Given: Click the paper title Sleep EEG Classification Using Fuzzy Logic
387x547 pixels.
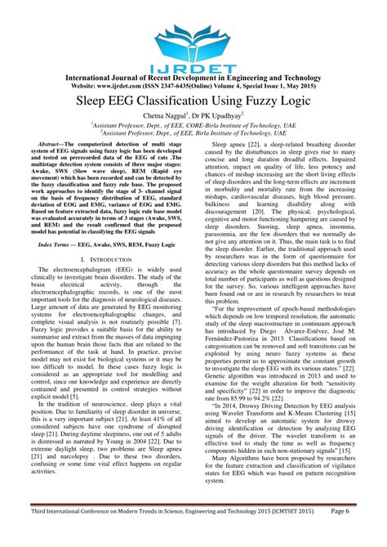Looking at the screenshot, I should [x=193, y=102].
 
